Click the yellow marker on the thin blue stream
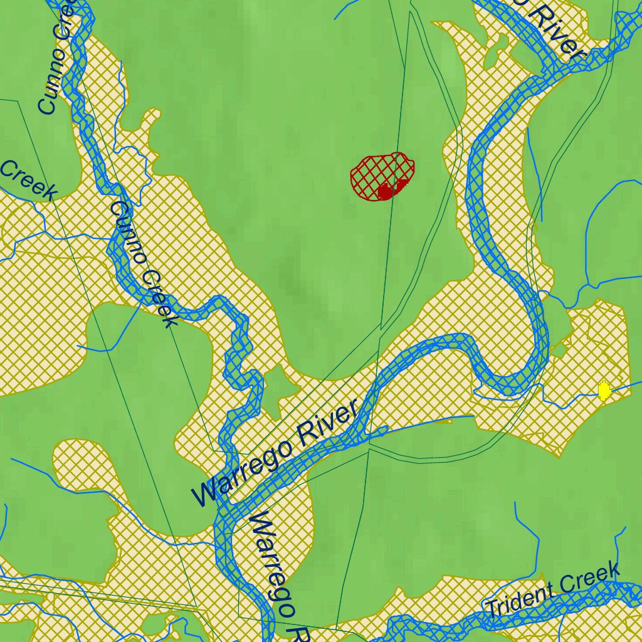click(x=604, y=391)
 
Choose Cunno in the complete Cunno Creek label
click(x=129, y=232)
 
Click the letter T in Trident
click(x=491, y=609)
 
